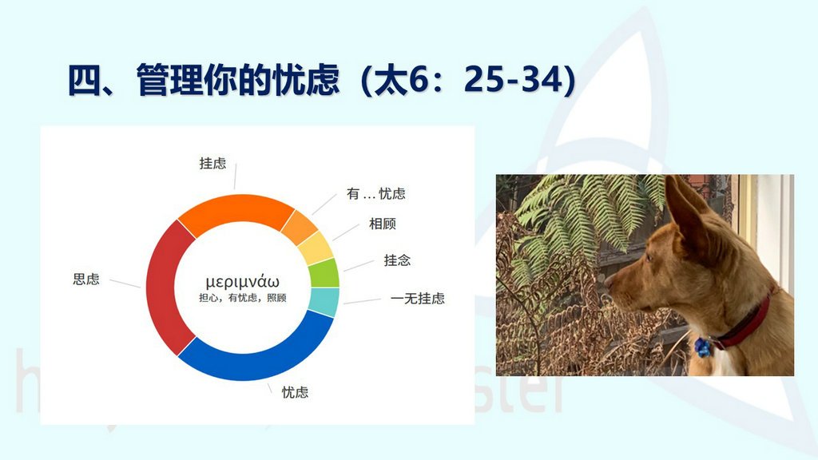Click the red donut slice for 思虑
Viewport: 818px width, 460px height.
point(163,287)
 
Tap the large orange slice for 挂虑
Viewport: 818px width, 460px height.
point(235,210)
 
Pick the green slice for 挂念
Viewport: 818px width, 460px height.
point(324,273)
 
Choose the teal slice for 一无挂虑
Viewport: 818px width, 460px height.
point(324,302)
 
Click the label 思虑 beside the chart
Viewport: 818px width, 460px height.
point(86,279)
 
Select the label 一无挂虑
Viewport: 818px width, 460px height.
point(417,299)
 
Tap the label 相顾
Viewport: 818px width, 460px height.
point(383,224)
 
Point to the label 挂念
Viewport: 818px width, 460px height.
point(397,260)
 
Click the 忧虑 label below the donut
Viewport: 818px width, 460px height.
point(296,392)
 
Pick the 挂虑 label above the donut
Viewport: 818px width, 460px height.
point(212,163)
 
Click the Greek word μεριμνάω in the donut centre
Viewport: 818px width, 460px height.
point(243,282)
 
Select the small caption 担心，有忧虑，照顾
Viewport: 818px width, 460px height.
point(243,298)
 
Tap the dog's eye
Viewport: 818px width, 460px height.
point(649,256)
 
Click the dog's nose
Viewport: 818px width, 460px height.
point(608,282)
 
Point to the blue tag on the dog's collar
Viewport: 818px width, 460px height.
point(702,347)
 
